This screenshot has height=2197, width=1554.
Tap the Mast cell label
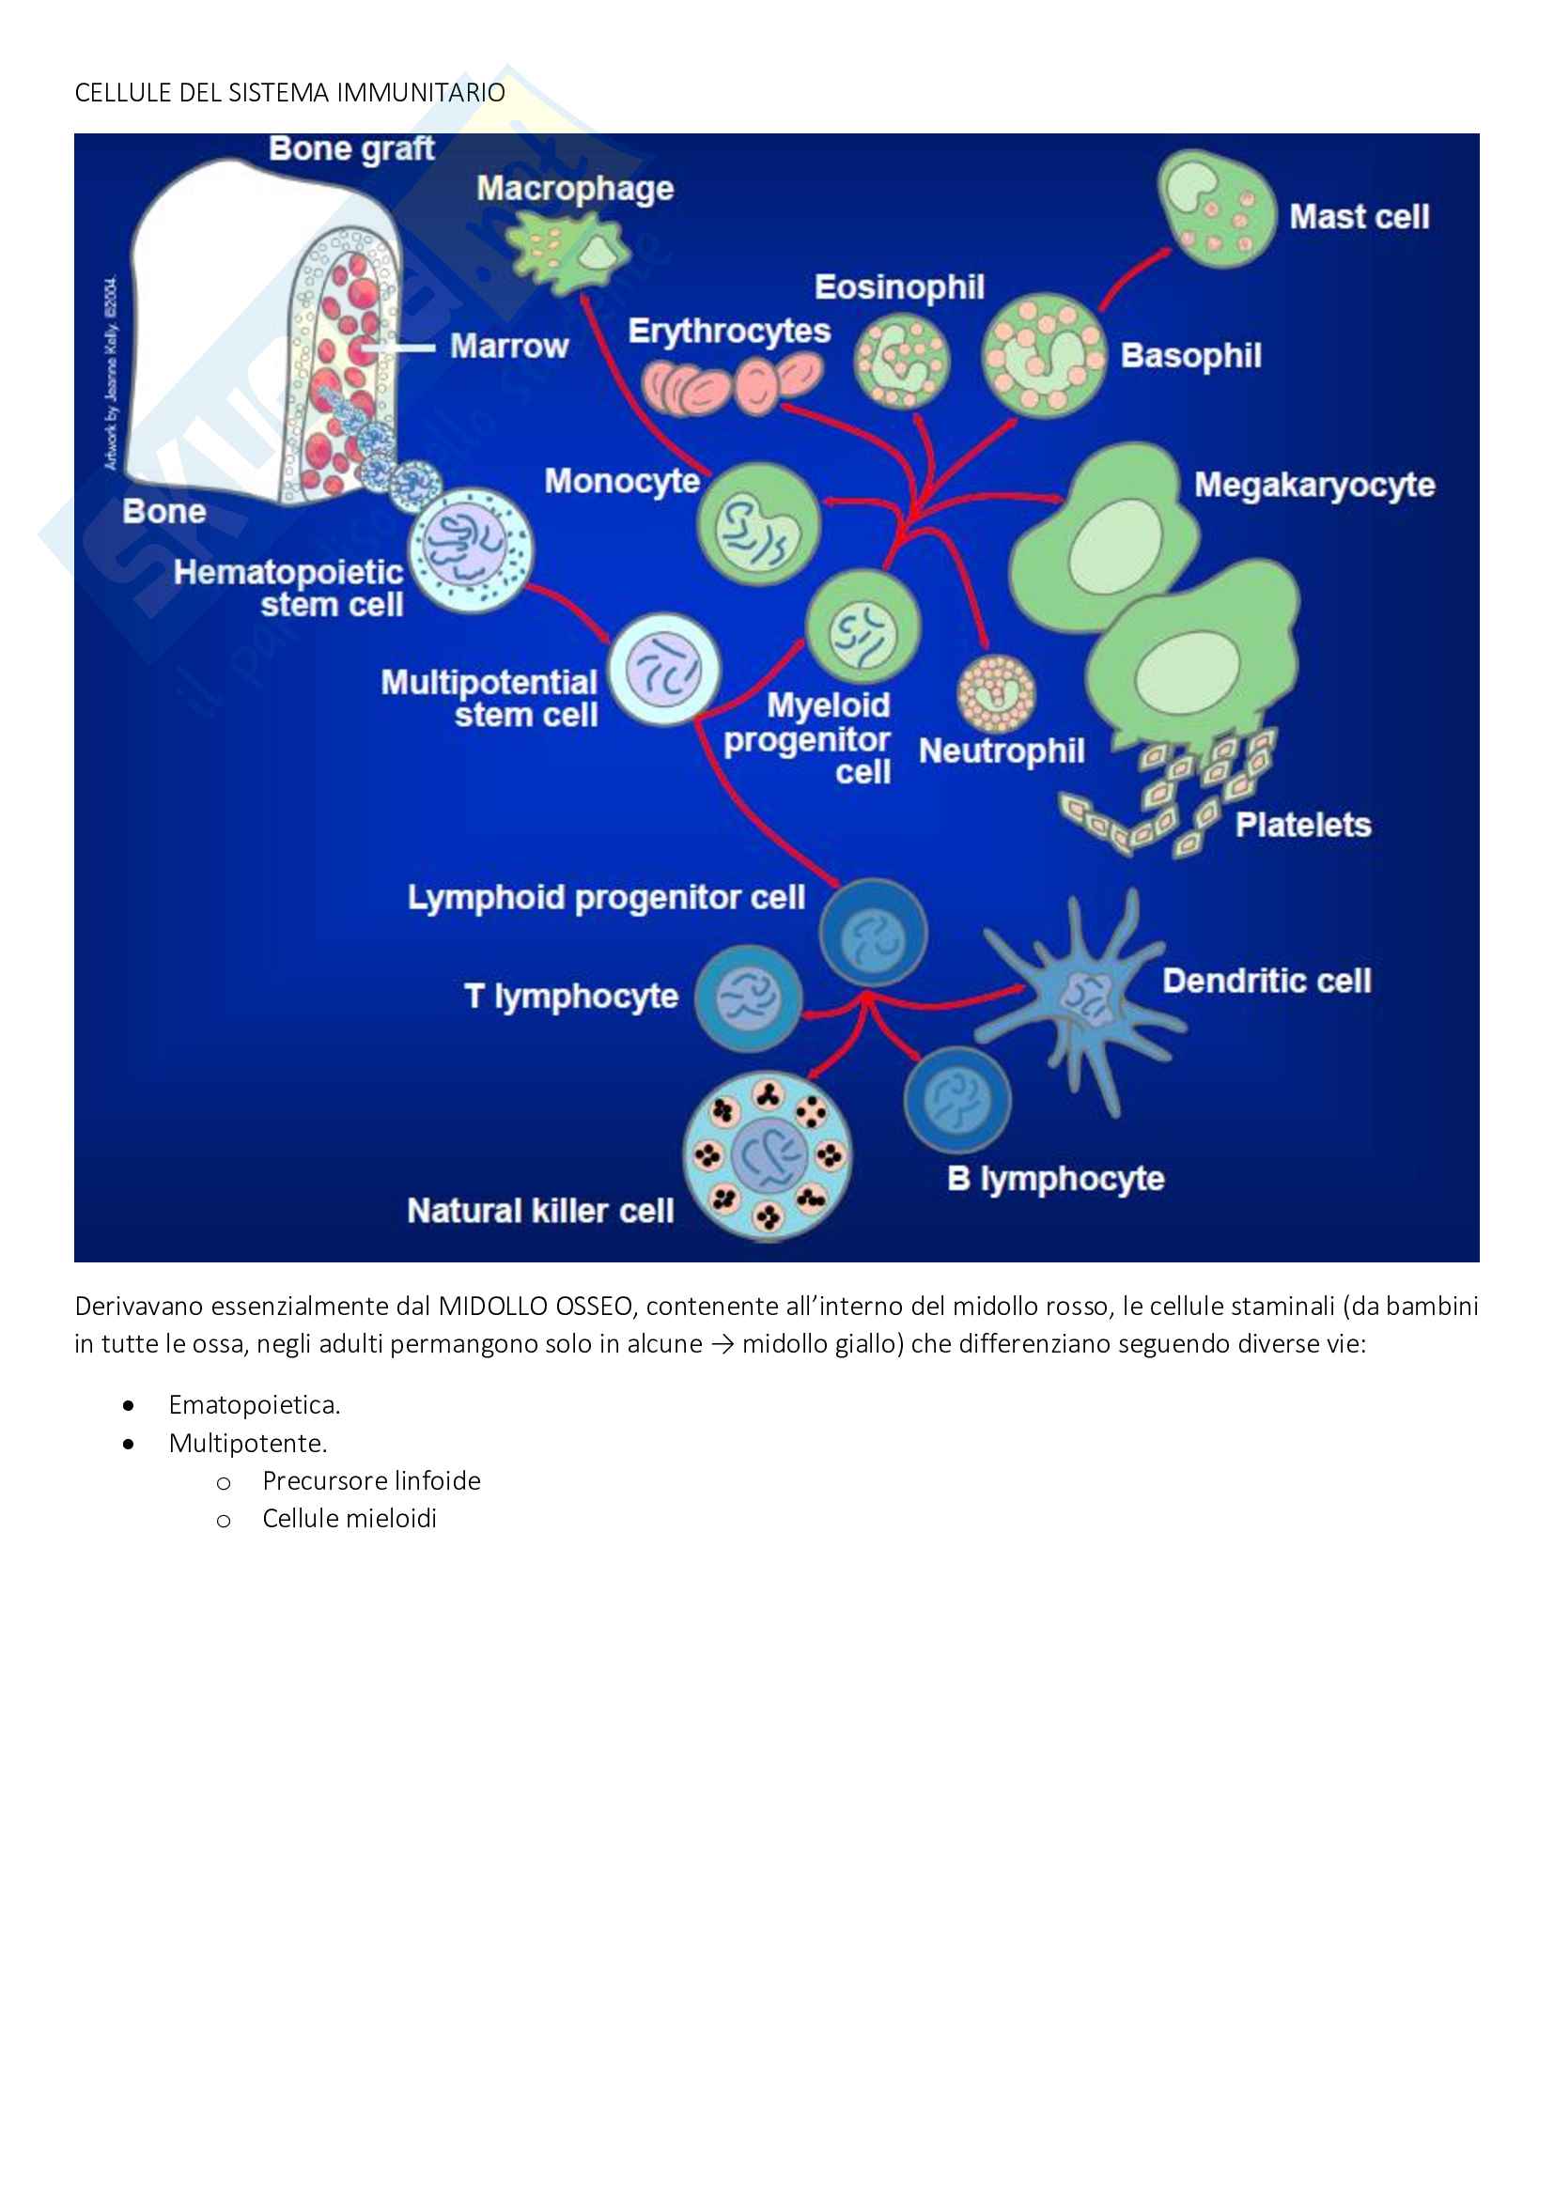click(x=1359, y=217)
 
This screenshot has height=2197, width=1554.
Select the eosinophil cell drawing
click(x=901, y=361)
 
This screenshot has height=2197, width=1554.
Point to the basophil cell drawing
click(x=1043, y=355)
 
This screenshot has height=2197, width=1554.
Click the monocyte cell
click(x=758, y=524)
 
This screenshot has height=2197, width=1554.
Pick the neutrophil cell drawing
click(x=996, y=693)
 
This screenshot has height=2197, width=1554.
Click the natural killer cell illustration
click(x=768, y=1156)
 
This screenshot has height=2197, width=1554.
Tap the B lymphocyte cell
click(x=956, y=1100)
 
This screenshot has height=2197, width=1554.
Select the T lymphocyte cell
click(x=748, y=998)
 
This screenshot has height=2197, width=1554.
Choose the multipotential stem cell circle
click(x=664, y=670)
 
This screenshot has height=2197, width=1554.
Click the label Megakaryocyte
click(x=1313, y=485)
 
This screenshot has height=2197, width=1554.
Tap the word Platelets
click(x=1302, y=825)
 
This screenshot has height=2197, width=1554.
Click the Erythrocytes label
click(x=729, y=331)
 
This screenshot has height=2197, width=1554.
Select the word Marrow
click(x=509, y=347)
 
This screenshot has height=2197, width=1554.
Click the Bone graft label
click(x=351, y=149)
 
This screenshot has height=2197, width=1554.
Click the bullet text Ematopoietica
click(x=254, y=1404)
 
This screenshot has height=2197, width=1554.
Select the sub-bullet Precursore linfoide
click(x=371, y=1480)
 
